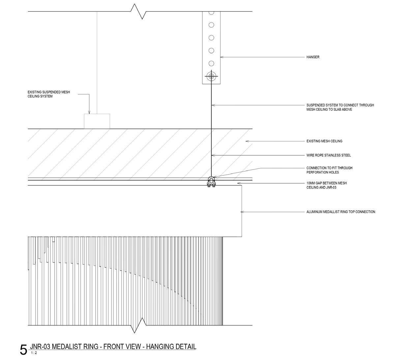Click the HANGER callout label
click(x=313, y=57)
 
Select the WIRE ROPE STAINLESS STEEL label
click(x=329, y=155)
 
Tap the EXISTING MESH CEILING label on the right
click(x=324, y=141)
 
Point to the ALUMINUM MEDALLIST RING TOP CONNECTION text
click(x=341, y=212)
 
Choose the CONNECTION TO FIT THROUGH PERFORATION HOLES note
click(x=329, y=170)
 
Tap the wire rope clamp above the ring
click(x=211, y=182)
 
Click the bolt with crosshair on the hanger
click(x=211, y=76)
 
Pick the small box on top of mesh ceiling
click(x=97, y=121)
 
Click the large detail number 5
click(x=23, y=350)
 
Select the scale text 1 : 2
click(x=34, y=353)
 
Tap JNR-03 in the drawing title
click(x=40, y=346)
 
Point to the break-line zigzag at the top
click(x=139, y=12)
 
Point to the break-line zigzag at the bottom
click(x=139, y=325)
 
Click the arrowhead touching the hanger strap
click(x=221, y=57)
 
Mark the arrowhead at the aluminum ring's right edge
click(x=243, y=212)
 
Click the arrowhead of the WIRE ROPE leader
click(x=213, y=155)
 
